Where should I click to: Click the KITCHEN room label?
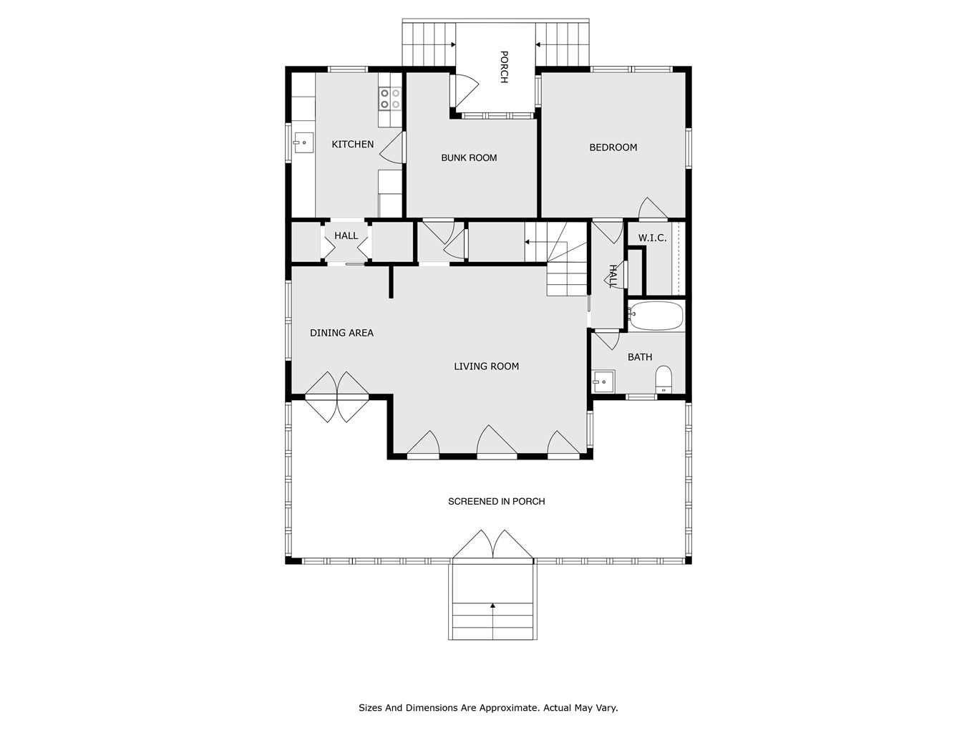[353, 144]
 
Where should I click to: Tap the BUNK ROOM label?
[469, 157]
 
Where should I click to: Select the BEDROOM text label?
[613, 147]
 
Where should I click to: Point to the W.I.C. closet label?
[652, 238]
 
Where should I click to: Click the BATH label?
[640, 357]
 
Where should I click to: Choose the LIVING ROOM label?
[486, 366]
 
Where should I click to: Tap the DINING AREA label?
[341, 333]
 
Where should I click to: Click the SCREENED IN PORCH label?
[496, 502]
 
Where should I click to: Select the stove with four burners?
[390, 99]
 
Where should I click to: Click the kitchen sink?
[303, 143]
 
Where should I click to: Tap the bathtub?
[656, 316]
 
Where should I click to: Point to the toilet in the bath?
[664, 379]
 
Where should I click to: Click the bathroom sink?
[603, 382]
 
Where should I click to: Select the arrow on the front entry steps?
[492, 621]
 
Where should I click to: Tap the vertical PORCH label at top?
[504, 67]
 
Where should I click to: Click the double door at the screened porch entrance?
[492, 544]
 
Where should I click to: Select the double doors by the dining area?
[337, 397]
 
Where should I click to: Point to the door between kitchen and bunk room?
[392, 147]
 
